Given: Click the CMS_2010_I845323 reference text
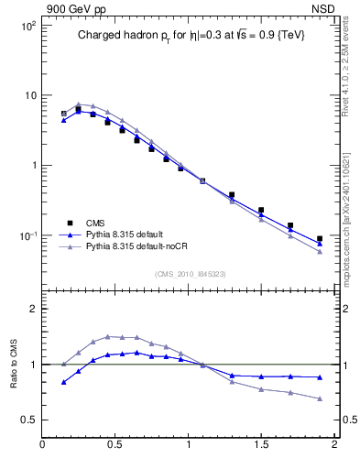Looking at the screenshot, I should click(190, 273).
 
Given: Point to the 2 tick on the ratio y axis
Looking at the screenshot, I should click(32, 309).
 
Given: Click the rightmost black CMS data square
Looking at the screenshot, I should click(320, 239).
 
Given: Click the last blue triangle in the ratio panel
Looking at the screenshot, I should click(320, 377).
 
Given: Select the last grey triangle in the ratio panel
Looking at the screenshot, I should click(320, 398).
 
